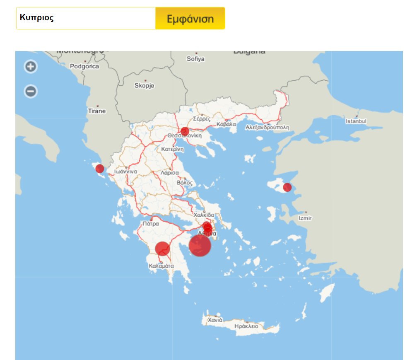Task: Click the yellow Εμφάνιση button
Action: coord(190,19)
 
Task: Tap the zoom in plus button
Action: coord(31,66)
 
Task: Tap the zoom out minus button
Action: coord(31,91)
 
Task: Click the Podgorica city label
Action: coord(84,66)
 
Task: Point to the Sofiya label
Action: coord(195,59)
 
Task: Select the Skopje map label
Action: coord(144,86)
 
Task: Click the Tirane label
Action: coord(97,111)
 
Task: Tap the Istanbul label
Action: coord(356,121)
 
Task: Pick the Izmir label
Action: coord(305,218)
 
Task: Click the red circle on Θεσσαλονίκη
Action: coord(185,132)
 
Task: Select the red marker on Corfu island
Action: coord(100,169)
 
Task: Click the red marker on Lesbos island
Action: coord(287,187)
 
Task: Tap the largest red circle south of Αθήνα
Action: coord(200,245)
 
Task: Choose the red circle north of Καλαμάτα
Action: coord(163,249)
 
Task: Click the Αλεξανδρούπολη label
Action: coord(267,128)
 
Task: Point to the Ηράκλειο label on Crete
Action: coord(246,326)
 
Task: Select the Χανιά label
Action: coord(215,320)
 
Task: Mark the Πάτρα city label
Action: coord(150,223)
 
